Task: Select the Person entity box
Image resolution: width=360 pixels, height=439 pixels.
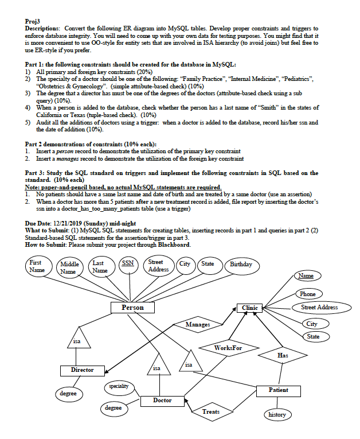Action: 133,308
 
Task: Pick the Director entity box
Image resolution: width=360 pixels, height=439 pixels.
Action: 82,370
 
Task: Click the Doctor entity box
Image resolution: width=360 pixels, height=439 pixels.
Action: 162,400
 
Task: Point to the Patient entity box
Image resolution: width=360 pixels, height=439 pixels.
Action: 279,390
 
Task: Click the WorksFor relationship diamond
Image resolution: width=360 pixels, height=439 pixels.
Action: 228,348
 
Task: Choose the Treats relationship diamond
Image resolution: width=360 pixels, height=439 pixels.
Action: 210,411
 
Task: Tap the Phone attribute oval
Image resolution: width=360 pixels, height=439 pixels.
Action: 307,294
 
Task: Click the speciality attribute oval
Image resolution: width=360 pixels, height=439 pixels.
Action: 120,387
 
